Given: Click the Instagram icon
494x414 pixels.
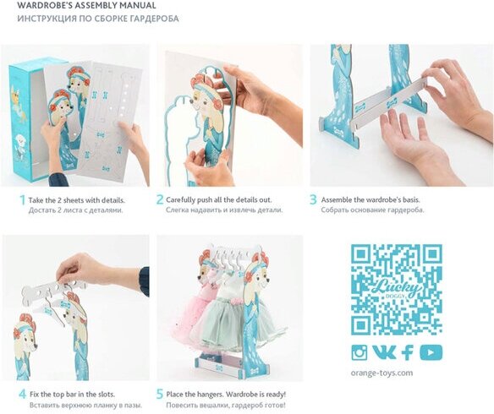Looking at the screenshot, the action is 360,352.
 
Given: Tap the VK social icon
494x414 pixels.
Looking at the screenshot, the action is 384,352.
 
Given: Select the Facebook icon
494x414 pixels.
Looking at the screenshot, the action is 408,352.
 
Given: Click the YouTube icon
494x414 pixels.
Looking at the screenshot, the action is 431,352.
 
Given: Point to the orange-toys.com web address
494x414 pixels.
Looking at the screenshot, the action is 381,373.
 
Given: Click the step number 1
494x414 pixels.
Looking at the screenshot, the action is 22,199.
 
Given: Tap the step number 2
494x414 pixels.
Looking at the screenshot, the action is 160,199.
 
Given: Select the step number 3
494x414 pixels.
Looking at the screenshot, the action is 313,199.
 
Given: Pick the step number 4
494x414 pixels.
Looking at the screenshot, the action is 22,394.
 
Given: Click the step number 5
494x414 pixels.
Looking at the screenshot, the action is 160,394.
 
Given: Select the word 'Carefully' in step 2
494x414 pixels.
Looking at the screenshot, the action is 180,200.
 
